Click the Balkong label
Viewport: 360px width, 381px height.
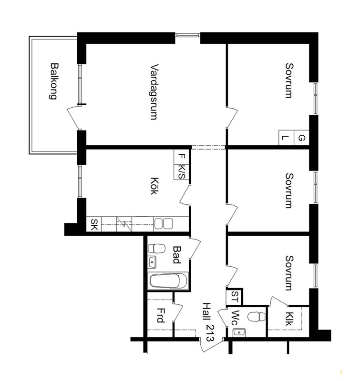tap(54, 81)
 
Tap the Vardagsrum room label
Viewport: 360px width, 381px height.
tap(154, 92)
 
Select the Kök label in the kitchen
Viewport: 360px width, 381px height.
tap(154, 186)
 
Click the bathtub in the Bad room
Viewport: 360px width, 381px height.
tap(168, 281)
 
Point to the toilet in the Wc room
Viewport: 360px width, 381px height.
tap(257, 317)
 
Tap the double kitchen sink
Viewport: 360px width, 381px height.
tap(164, 223)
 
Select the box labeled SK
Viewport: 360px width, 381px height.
tap(94, 224)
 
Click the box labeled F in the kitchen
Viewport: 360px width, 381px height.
tap(181, 157)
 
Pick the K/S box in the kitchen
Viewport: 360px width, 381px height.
tap(181, 172)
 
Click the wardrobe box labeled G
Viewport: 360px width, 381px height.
tap(301, 138)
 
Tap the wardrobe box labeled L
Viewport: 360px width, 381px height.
tap(286, 138)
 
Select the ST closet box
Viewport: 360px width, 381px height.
tap(234, 297)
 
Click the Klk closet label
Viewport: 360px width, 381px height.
tap(288, 319)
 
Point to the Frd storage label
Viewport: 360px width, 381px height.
tap(160, 315)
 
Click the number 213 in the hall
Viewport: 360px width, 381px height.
tap(209, 333)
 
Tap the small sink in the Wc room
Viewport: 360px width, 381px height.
tap(239, 332)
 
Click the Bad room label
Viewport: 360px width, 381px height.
tap(176, 255)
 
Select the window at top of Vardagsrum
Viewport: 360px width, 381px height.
tap(187, 35)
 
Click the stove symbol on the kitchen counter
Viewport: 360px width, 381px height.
tap(124, 224)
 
